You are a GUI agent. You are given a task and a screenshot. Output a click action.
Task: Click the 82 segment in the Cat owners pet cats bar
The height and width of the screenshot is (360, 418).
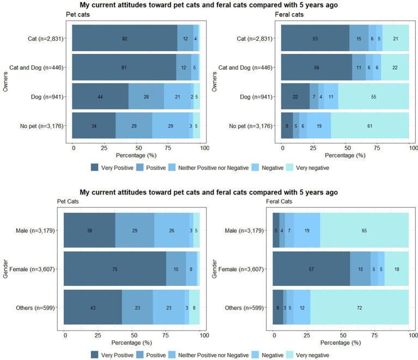(x=125, y=39)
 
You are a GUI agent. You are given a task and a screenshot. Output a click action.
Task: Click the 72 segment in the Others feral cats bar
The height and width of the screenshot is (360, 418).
(x=359, y=308)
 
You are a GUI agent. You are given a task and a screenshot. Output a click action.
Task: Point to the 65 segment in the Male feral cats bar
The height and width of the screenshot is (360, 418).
(x=364, y=230)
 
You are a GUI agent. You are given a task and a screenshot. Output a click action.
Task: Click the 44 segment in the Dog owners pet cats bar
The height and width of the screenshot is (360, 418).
(x=100, y=97)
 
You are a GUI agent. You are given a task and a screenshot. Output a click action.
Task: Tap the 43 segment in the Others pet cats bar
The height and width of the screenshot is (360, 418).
(x=93, y=308)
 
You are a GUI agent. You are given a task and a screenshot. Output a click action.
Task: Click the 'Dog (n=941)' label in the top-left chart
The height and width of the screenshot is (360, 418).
(x=50, y=97)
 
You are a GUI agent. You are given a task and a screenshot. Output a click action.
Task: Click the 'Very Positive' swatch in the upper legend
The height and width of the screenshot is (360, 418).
(x=95, y=167)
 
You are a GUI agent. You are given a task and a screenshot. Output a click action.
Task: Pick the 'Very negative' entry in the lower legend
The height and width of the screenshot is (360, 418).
(x=309, y=354)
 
